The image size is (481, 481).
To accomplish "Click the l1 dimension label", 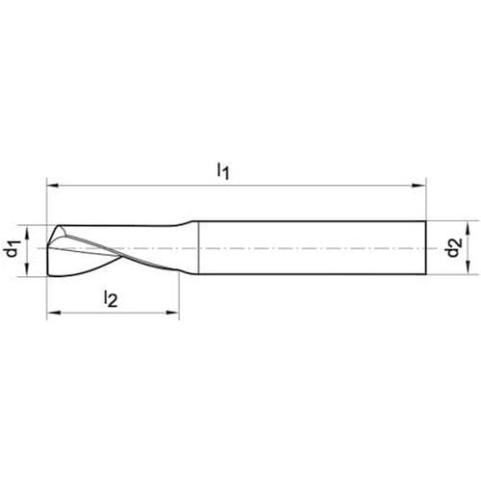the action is pos(223,170).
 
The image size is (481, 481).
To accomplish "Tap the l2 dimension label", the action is pos(111,298).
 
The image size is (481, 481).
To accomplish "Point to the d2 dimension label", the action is pos(454,247).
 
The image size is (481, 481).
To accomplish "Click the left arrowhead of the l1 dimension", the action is pos(53,186).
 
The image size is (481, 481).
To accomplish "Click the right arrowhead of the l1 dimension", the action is pos(419,185).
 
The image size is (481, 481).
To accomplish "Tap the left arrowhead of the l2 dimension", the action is pos(54,313).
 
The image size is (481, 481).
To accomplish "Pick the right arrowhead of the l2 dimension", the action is pos(172,313).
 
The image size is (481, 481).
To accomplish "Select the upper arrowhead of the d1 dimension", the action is pos(27,232).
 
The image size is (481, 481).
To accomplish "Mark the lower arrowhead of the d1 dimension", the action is pos(27,269).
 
